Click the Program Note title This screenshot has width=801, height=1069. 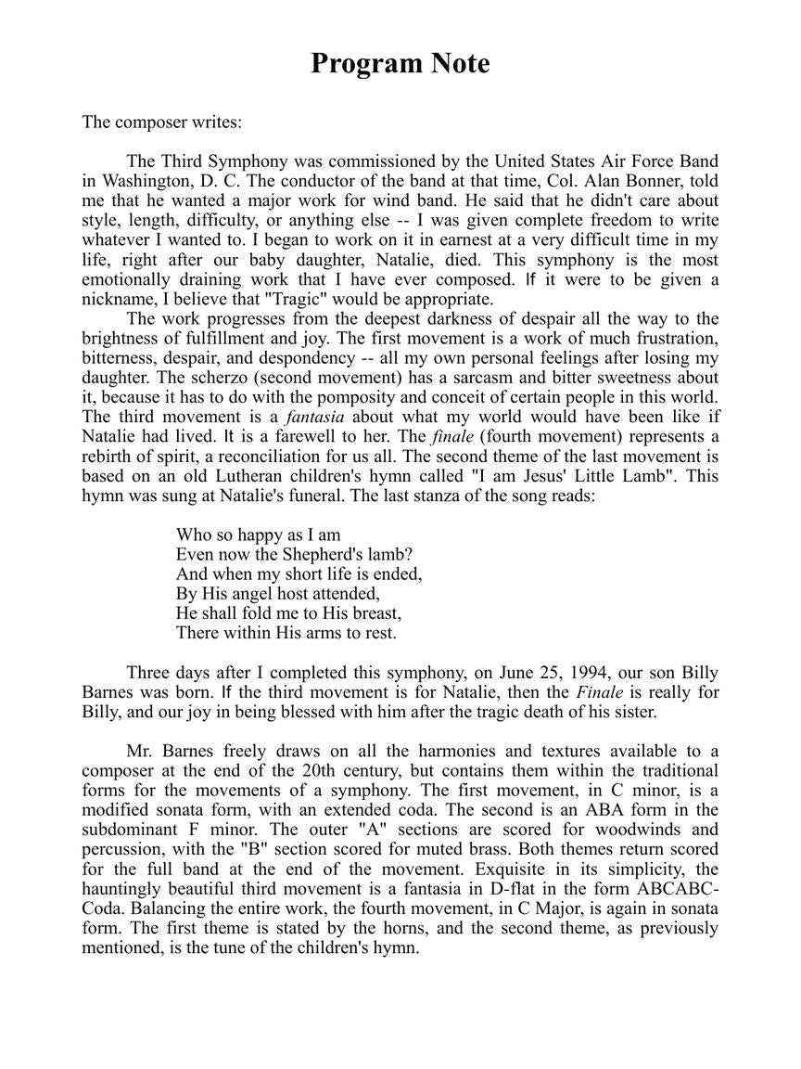(400, 63)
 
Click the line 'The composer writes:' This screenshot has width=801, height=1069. (161, 122)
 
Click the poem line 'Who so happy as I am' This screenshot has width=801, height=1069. (259, 534)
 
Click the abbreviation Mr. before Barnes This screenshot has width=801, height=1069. (140, 751)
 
